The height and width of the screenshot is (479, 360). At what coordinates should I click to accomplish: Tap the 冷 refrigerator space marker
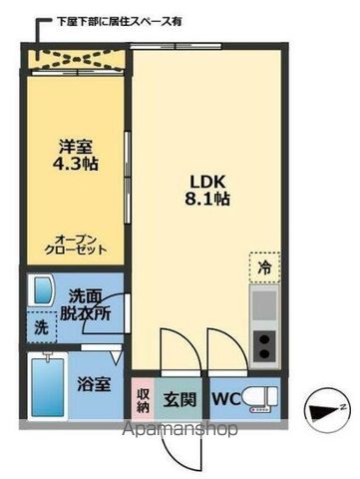click(x=263, y=267)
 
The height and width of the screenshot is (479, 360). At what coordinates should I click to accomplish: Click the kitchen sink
click(x=264, y=302)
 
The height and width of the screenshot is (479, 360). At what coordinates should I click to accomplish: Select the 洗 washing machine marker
click(x=41, y=325)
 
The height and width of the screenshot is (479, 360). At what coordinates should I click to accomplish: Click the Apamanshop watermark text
click(x=180, y=431)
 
